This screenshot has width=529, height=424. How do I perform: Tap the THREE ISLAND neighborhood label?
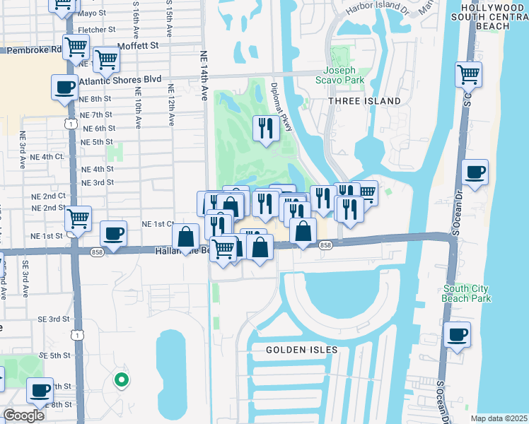[364, 101]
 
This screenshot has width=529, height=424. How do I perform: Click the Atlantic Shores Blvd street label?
[120, 81]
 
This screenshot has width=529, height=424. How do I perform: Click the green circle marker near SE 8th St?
[122, 380]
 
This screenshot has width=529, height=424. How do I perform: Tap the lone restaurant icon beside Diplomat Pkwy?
[264, 128]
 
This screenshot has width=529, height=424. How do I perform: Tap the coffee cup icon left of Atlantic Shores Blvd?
[65, 88]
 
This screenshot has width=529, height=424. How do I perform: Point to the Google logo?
[23, 415]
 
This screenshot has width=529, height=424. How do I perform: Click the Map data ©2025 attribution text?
[499, 418]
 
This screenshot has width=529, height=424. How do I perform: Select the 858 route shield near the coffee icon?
[98, 251]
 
